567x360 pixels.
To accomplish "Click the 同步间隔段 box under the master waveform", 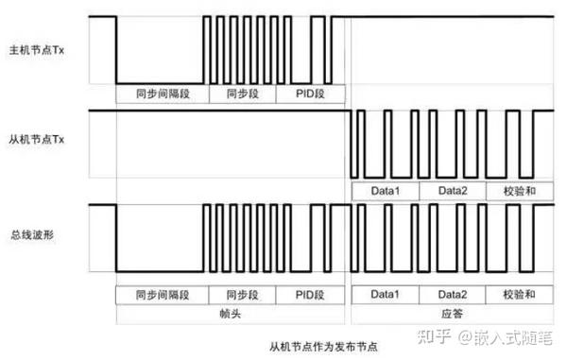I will point(160,94).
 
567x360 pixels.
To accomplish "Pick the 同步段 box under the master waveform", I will point(242,94).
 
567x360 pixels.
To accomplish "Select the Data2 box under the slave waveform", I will point(452,192).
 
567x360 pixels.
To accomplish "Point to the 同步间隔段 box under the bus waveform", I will point(160,294).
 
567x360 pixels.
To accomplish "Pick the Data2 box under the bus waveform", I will point(452,294).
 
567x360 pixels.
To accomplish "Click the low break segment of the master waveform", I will point(159,82).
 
